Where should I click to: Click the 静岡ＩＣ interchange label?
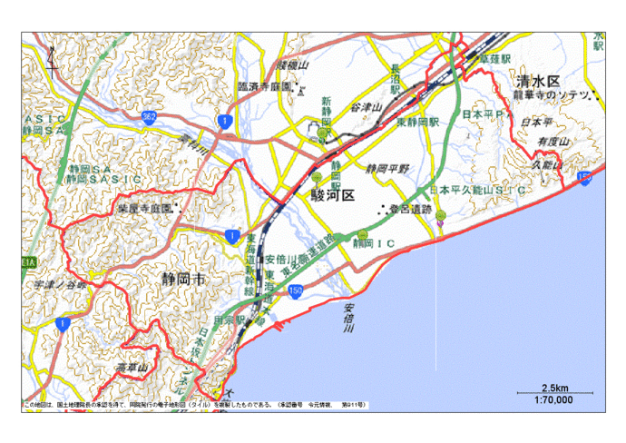click(377, 243)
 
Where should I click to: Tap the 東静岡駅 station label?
click(417, 121)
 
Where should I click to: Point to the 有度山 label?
click(551, 143)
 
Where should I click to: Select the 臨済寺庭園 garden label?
click(264, 86)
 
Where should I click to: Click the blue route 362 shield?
click(148, 118)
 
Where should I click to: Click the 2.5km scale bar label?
click(554, 387)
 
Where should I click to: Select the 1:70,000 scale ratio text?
click(554, 399)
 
